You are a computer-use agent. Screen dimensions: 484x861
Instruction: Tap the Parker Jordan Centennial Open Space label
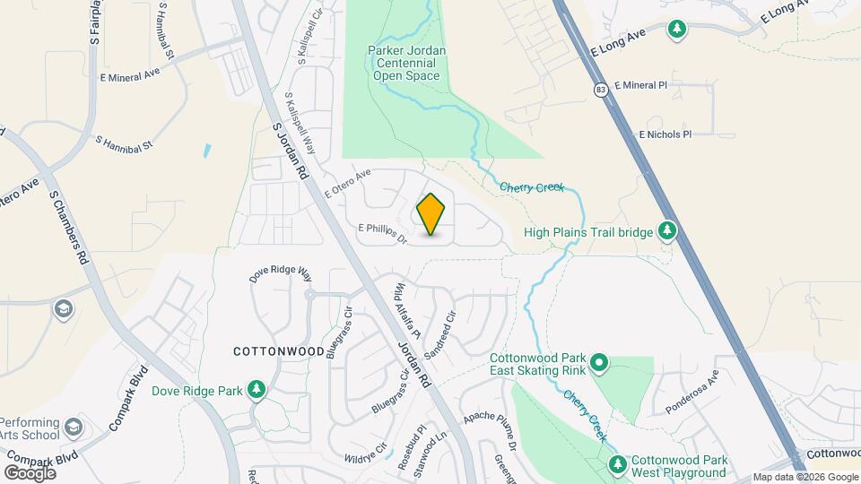(x=407, y=64)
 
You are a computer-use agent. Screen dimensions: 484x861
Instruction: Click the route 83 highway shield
(x=601, y=89)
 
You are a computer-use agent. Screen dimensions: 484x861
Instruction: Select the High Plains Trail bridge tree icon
(x=666, y=232)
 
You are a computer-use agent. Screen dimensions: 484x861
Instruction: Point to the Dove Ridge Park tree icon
(x=257, y=390)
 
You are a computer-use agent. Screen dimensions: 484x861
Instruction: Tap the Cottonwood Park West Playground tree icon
(x=618, y=464)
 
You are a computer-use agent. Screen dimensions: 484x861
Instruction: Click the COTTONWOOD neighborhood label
(x=279, y=351)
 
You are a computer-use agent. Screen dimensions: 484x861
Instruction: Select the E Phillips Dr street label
(x=383, y=234)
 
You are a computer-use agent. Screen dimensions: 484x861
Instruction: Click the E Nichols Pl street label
(x=665, y=134)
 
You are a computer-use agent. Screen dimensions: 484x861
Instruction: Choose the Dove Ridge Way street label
(x=280, y=274)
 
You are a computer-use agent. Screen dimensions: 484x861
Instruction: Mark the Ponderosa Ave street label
(x=692, y=394)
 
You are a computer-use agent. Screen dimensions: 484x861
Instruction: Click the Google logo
(x=30, y=472)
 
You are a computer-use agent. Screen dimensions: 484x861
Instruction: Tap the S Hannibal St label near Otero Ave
(x=125, y=143)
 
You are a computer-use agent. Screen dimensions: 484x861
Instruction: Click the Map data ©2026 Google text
(x=804, y=477)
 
